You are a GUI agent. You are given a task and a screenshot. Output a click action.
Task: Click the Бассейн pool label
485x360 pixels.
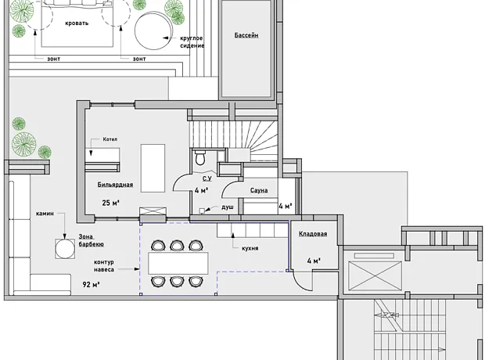pos(246,35)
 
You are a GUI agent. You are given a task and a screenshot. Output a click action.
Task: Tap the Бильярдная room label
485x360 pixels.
pos(115,185)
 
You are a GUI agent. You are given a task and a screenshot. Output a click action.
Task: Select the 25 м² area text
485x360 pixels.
pos(111,203)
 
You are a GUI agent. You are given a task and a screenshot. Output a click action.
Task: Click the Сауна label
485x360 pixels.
pos(259,190)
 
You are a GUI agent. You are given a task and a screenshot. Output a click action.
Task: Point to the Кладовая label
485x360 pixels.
pos(313,234)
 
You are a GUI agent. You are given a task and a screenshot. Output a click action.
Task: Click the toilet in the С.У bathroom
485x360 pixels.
pos(200,157)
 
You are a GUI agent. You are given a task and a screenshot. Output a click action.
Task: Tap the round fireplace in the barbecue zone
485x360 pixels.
pos(65,249)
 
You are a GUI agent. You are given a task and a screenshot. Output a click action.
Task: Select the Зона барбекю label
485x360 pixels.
pos(91,240)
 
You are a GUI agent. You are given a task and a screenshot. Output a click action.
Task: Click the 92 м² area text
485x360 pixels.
pos(91,284)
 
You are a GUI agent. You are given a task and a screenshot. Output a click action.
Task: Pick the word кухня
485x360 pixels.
pos(250,248)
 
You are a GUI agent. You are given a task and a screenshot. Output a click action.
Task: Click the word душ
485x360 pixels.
pos(228,207)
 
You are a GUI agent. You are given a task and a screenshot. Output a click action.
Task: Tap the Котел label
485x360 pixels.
pos(110,139)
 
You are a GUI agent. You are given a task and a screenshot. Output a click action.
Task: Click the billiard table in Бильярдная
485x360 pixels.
pos(153,168)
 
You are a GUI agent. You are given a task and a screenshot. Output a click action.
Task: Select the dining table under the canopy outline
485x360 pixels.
pos(178,263)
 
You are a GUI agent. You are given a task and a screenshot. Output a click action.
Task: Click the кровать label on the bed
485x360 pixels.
pos(77,23)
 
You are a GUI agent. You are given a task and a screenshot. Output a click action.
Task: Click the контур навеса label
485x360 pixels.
pos(104,266)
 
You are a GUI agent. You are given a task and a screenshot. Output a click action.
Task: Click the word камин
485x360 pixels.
pos(45,214)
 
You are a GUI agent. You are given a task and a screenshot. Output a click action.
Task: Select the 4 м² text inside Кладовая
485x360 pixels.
pos(314,261)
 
